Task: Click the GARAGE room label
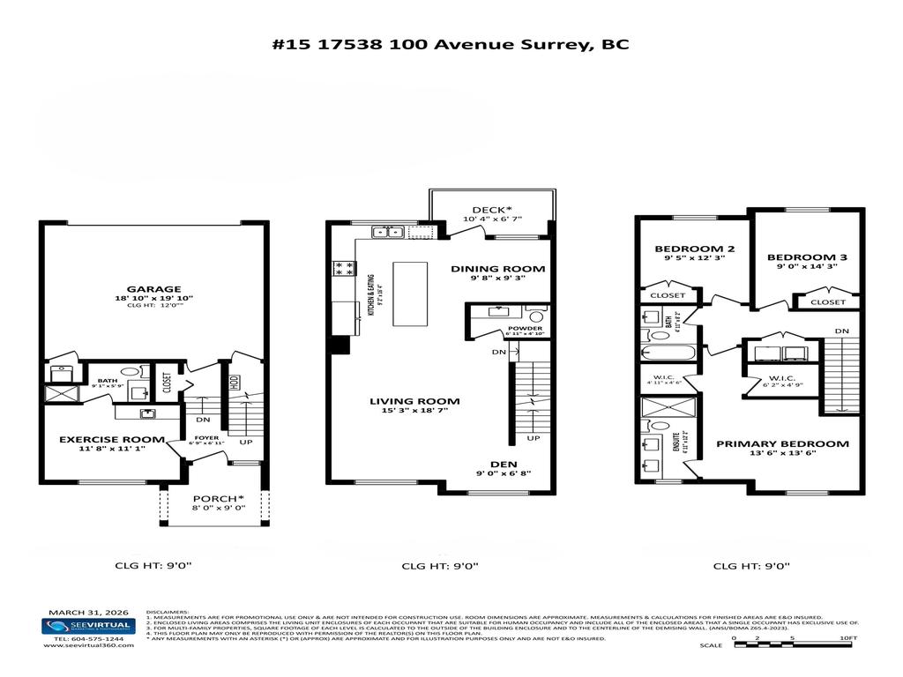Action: click(153, 289)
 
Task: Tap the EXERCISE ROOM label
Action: click(111, 439)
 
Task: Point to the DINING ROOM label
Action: click(497, 269)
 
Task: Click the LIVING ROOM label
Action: click(414, 401)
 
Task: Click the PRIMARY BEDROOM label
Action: click(782, 443)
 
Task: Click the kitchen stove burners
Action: click(344, 270)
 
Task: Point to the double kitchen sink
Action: click(388, 233)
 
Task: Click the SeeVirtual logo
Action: click(87, 625)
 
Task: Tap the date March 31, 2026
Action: click(87, 611)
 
